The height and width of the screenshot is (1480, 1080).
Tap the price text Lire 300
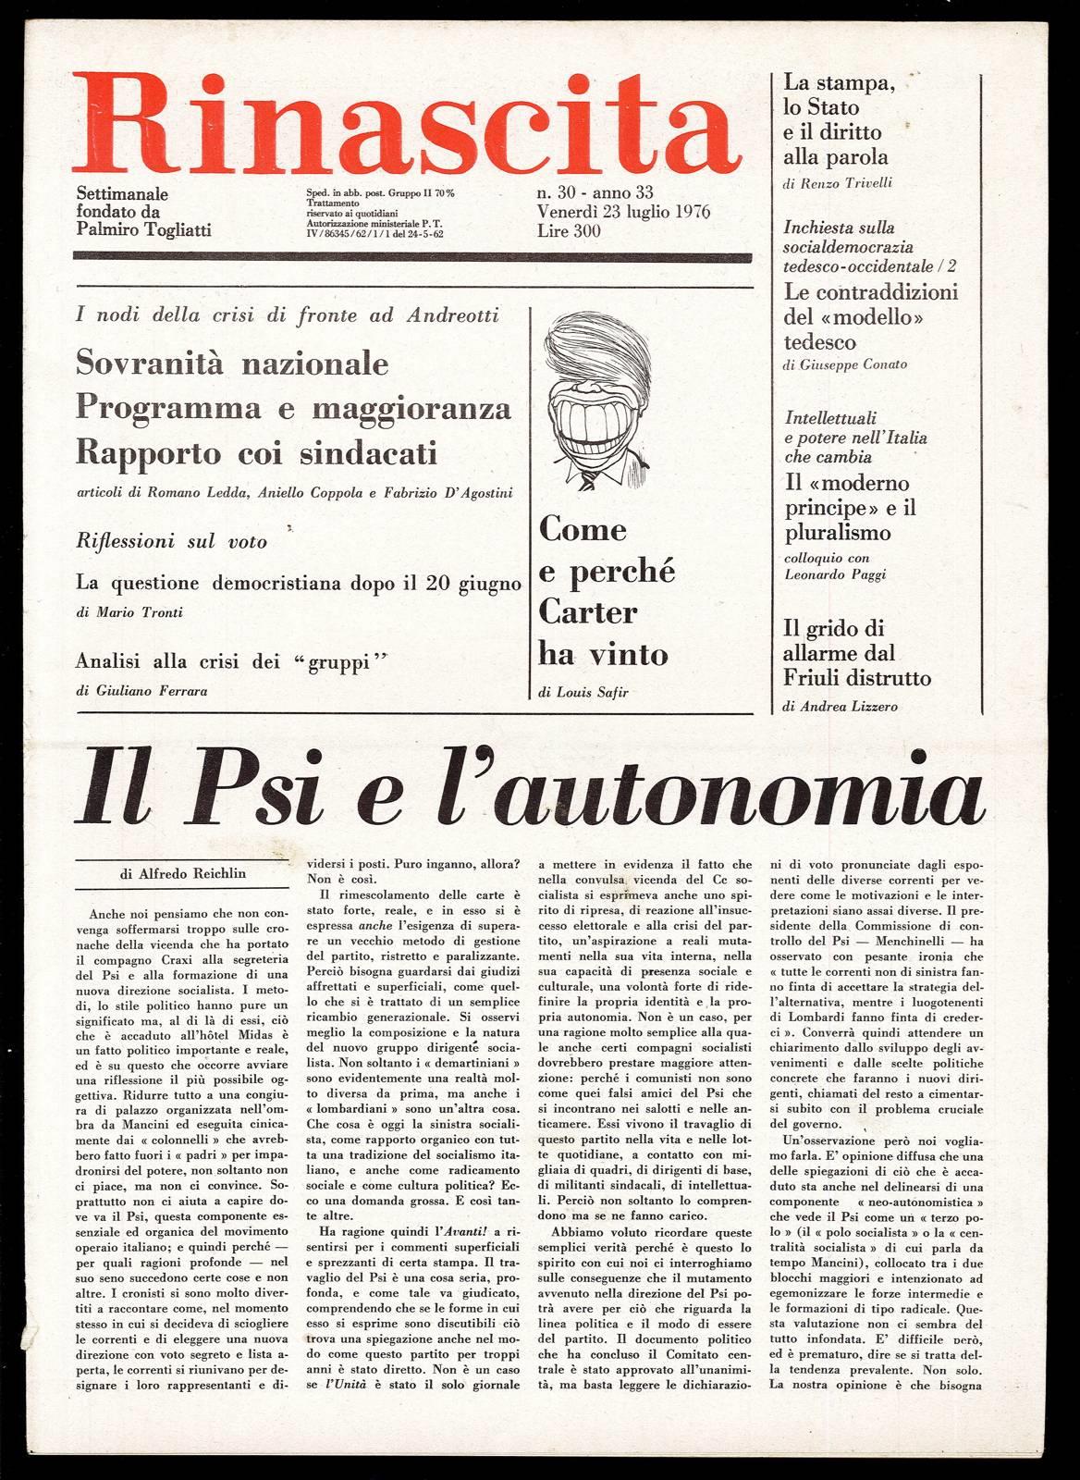coord(568,231)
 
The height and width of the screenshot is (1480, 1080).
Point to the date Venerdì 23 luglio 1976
coord(622,212)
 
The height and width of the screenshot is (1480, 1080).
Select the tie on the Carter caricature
coord(586,478)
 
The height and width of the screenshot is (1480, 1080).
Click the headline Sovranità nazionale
coord(232,363)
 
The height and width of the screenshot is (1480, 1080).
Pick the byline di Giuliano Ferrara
coord(139,691)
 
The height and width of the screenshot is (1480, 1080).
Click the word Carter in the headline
coord(587,612)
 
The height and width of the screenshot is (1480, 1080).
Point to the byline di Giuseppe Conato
coord(844,364)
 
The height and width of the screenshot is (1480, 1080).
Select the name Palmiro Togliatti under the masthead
coord(144,229)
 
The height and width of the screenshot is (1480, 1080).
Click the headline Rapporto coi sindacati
coord(257,454)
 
